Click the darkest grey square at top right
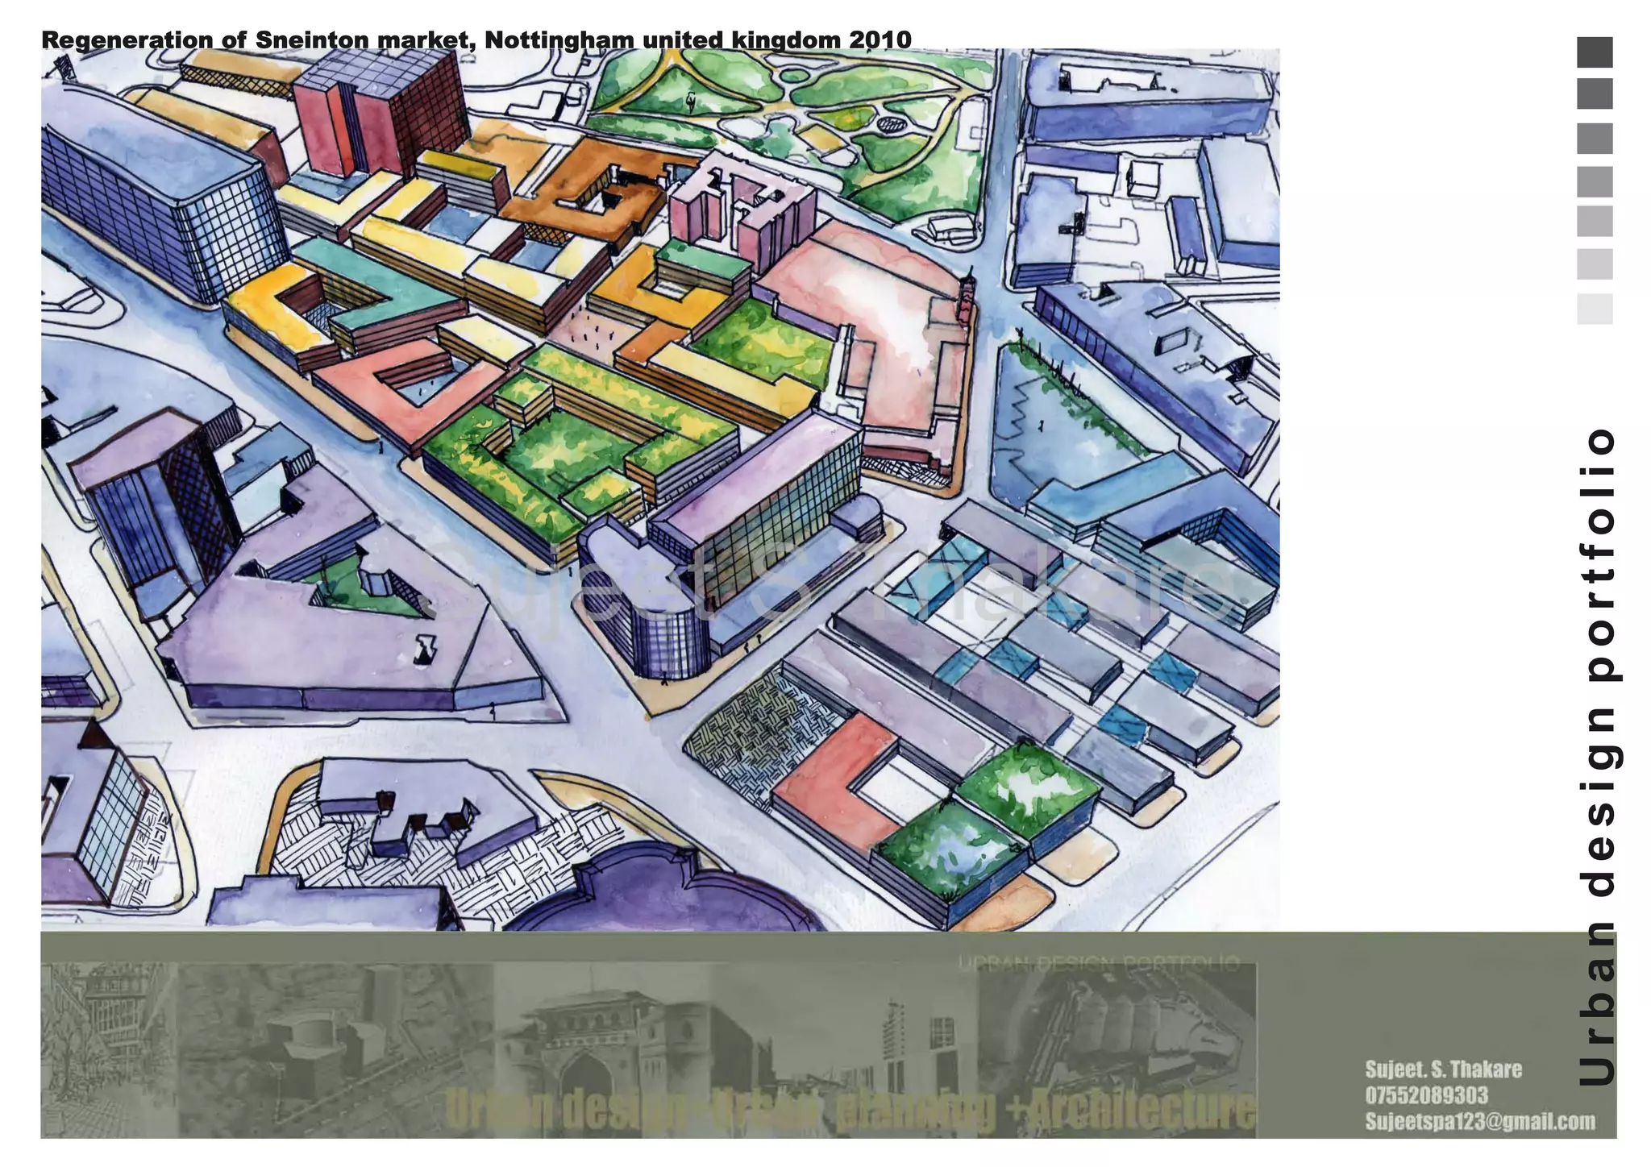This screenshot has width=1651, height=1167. pos(1595,52)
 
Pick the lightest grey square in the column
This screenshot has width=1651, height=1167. pos(1595,309)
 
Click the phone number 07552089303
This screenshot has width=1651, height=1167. pos(1426,1095)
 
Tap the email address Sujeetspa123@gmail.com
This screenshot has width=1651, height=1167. pos(1479,1121)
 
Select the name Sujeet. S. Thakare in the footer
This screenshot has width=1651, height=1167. pos(1443,1069)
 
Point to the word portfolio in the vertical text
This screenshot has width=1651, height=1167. pos(1596,557)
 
